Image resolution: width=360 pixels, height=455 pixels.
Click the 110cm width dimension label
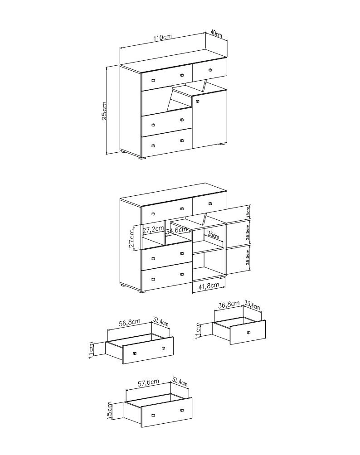(163, 38)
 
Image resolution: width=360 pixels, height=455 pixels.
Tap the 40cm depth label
(216, 34)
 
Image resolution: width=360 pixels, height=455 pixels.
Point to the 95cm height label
(104, 111)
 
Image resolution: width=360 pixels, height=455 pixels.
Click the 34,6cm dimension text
(176, 231)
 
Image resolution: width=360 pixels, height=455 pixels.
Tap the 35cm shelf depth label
(214, 235)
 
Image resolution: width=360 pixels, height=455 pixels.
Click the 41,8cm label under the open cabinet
(209, 285)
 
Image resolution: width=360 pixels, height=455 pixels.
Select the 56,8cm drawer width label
(130, 322)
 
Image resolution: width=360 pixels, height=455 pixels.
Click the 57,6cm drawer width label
(148, 382)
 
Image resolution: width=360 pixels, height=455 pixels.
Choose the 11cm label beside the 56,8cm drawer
(91, 350)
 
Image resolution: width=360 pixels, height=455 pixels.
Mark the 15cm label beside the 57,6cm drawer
(109, 410)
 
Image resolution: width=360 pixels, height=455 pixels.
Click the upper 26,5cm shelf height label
(248, 232)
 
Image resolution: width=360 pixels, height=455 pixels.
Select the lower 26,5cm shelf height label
(248, 257)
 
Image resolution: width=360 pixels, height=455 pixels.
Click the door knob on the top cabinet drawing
(197, 101)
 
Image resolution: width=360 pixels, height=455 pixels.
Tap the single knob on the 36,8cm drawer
(248, 333)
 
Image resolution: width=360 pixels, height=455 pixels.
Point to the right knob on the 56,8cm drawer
(163, 348)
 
